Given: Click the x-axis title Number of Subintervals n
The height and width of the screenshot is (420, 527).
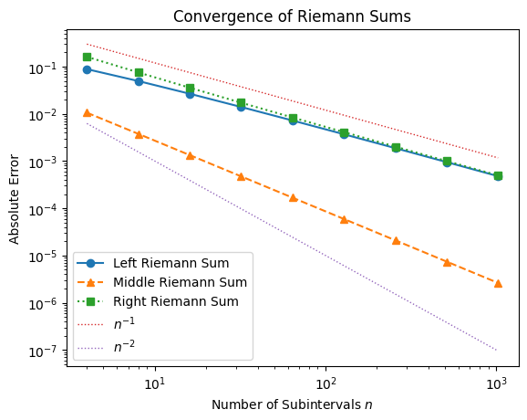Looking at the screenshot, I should point(293,404).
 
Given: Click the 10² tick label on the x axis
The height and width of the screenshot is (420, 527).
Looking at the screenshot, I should point(325,379).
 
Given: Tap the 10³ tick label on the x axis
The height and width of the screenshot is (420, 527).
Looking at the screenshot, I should point(496,379).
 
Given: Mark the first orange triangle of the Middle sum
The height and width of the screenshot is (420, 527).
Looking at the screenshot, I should point(88,112).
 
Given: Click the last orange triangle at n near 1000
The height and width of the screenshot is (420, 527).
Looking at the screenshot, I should point(498,283).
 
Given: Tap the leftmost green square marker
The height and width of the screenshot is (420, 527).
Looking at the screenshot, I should point(88,57).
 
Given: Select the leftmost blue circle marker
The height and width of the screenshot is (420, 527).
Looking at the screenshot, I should point(88,69).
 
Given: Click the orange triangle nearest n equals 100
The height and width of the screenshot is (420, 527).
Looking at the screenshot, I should point(344,219).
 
